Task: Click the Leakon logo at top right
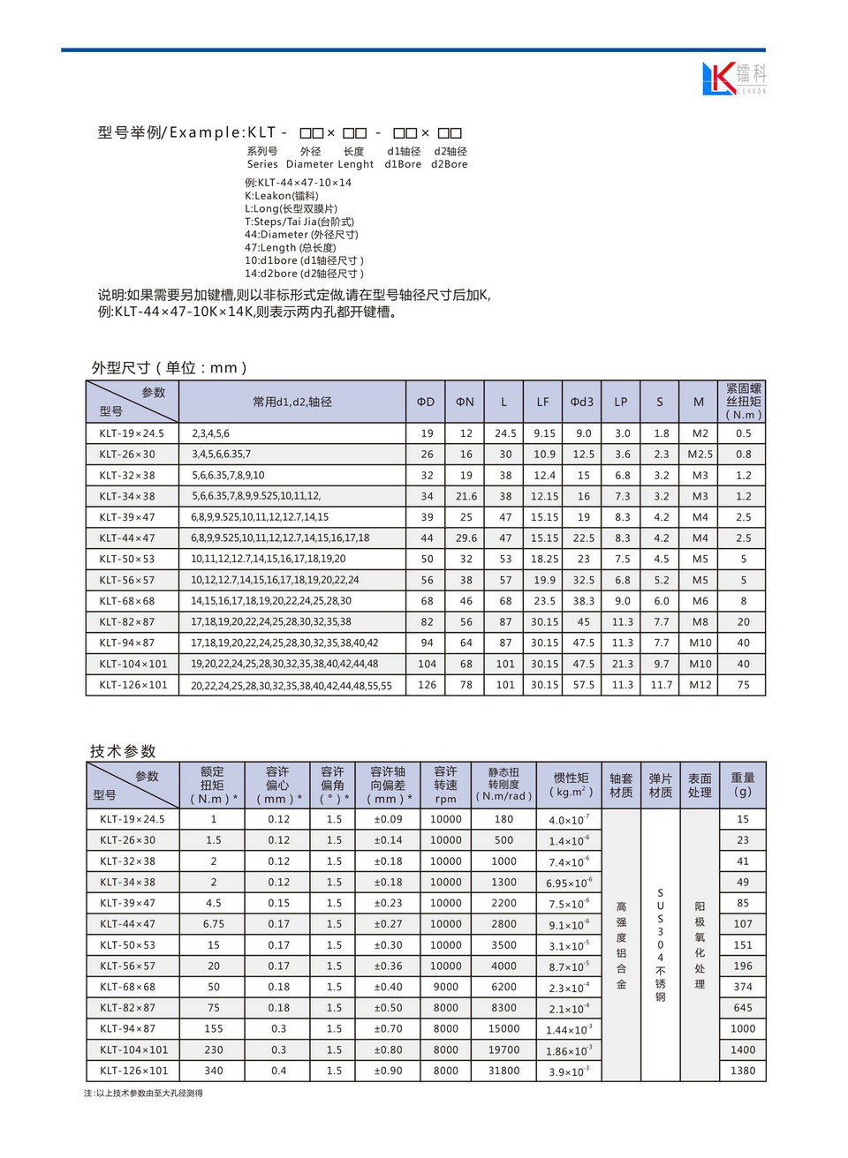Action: [733, 78]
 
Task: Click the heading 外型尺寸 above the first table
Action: [169, 368]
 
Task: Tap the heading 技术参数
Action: [123, 751]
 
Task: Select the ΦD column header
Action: [426, 402]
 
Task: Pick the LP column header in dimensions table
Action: [621, 402]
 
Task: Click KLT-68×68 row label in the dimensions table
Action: [127, 601]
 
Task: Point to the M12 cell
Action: [700, 685]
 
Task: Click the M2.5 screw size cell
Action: [700, 455]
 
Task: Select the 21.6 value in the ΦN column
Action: [466, 496]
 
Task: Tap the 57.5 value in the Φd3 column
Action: [583, 685]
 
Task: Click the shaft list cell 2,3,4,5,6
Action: [210, 433]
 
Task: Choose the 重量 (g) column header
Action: [743, 785]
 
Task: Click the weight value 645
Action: [743, 1008]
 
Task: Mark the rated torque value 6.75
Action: [214, 924]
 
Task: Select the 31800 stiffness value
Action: [504, 1071]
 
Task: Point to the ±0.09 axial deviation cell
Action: [388, 819]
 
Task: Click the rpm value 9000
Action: [445, 987]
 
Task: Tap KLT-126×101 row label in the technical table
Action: [133, 1071]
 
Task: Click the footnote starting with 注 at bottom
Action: [143, 1094]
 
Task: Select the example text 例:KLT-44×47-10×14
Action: [298, 183]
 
